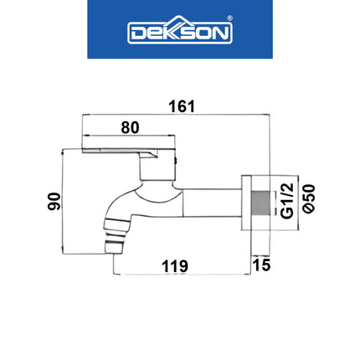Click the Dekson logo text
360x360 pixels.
179,33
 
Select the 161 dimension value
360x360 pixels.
181,106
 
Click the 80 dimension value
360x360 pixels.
130,128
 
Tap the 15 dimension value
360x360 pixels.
263,266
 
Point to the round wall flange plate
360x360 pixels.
248,213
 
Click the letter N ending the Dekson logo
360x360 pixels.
224,34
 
